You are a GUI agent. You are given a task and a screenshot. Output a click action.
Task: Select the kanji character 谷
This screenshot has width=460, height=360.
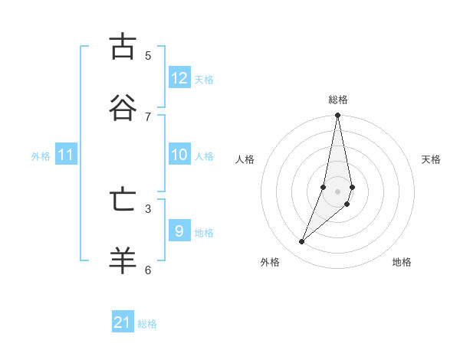click(x=122, y=107)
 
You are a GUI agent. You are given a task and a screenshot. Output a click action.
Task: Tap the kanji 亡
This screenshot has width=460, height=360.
click(x=122, y=200)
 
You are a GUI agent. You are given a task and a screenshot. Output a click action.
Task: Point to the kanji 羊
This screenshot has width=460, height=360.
click(x=122, y=260)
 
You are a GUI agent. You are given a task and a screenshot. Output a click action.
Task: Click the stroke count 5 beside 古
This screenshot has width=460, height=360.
click(x=148, y=55)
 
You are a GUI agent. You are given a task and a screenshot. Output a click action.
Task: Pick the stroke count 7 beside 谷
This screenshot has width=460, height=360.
click(x=148, y=116)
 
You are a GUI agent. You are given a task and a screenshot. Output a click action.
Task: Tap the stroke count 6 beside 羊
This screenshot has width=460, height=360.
click(x=148, y=270)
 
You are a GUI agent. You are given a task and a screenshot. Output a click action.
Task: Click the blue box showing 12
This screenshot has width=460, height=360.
click(x=179, y=78)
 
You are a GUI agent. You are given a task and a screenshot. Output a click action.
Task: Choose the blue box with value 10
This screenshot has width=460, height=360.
click(x=179, y=155)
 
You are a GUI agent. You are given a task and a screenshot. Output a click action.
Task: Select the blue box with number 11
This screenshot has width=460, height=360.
click(x=66, y=155)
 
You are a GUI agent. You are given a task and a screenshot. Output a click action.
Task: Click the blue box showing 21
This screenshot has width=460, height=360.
click(x=123, y=322)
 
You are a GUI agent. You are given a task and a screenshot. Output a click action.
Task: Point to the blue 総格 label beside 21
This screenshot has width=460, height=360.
click(x=147, y=324)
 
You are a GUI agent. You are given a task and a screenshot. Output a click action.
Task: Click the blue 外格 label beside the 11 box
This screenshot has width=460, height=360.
click(x=41, y=156)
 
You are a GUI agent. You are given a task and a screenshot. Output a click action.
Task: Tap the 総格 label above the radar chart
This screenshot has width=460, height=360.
click(x=338, y=100)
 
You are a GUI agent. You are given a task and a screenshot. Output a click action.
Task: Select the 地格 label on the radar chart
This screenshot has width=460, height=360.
click(x=402, y=262)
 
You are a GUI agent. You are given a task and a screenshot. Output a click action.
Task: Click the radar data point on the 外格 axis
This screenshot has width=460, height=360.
click(x=302, y=241)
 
